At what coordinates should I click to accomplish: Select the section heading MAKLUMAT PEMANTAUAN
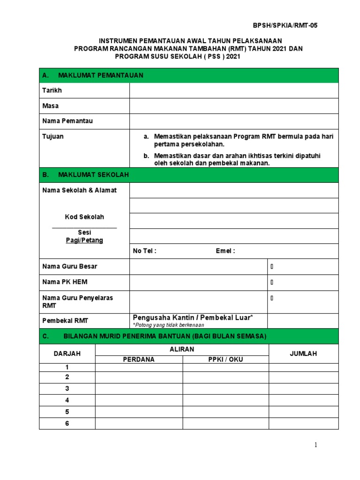100,75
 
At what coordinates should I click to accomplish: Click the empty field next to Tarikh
233,90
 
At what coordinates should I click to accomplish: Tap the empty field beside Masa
233,106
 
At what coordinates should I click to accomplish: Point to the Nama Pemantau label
67,121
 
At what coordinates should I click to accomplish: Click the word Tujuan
53,136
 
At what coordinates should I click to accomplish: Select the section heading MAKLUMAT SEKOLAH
93,175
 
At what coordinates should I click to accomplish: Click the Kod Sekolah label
84,217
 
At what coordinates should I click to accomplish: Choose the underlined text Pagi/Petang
84,240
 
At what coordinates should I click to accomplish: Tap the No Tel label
144,251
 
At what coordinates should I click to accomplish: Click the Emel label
225,251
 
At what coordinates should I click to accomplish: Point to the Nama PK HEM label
65,282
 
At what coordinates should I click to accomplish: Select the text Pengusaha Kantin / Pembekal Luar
193,318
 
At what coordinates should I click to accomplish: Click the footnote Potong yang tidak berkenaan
165,324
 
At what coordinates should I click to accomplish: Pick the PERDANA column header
139,360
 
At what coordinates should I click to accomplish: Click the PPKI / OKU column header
225,360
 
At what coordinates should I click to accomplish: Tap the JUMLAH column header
303,354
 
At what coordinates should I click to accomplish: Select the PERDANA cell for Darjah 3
139,389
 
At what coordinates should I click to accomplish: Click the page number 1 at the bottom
316,445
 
